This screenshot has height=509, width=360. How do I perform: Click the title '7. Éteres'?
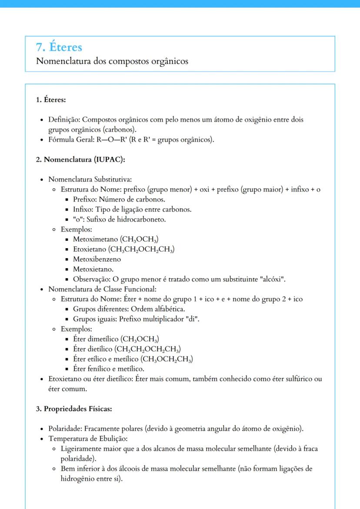pyautogui.click(x=59, y=47)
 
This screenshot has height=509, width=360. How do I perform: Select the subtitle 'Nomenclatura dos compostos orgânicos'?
pyautogui.click(x=112, y=61)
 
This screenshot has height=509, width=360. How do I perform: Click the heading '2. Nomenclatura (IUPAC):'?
pyautogui.click(x=80, y=160)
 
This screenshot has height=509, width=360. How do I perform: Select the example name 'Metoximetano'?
pyautogui.click(x=92, y=239)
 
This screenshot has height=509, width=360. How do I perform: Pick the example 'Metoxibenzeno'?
pyautogui.click(x=97, y=259)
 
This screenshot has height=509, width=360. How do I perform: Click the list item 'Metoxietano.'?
pyautogui.click(x=93, y=269)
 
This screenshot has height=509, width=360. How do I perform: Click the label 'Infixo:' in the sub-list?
pyautogui.click(x=83, y=209)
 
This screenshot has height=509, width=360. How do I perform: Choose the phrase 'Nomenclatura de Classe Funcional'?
pyautogui.click(x=102, y=289)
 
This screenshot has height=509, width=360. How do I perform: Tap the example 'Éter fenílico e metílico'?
pyautogui.click(x=109, y=369)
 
